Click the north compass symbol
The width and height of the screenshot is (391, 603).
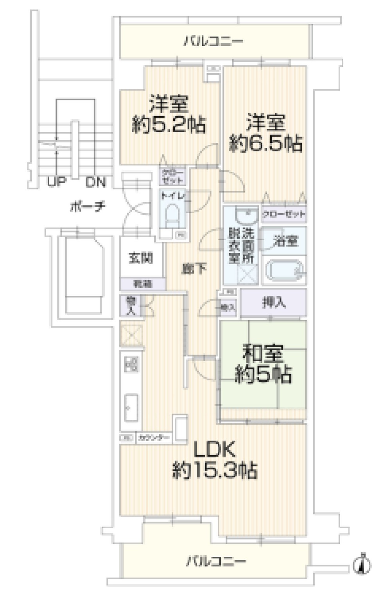point(362,565)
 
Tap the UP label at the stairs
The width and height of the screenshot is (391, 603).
point(56,182)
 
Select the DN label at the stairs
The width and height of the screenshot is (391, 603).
point(96,182)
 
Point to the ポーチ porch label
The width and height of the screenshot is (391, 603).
point(87,206)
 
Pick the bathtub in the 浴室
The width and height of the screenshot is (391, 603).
point(284,270)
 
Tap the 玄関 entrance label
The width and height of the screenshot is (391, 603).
point(140,258)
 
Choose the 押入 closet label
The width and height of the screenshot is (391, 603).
point(274,302)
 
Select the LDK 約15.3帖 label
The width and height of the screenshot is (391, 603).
point(215,460)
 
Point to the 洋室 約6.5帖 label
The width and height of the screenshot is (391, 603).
point(265,133)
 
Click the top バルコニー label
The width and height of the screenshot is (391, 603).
point(213,41)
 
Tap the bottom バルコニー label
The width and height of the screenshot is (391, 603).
point(216,562)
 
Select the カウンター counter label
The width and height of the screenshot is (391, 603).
point(154,438)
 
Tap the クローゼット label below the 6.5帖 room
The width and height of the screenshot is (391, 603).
point(284,214)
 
